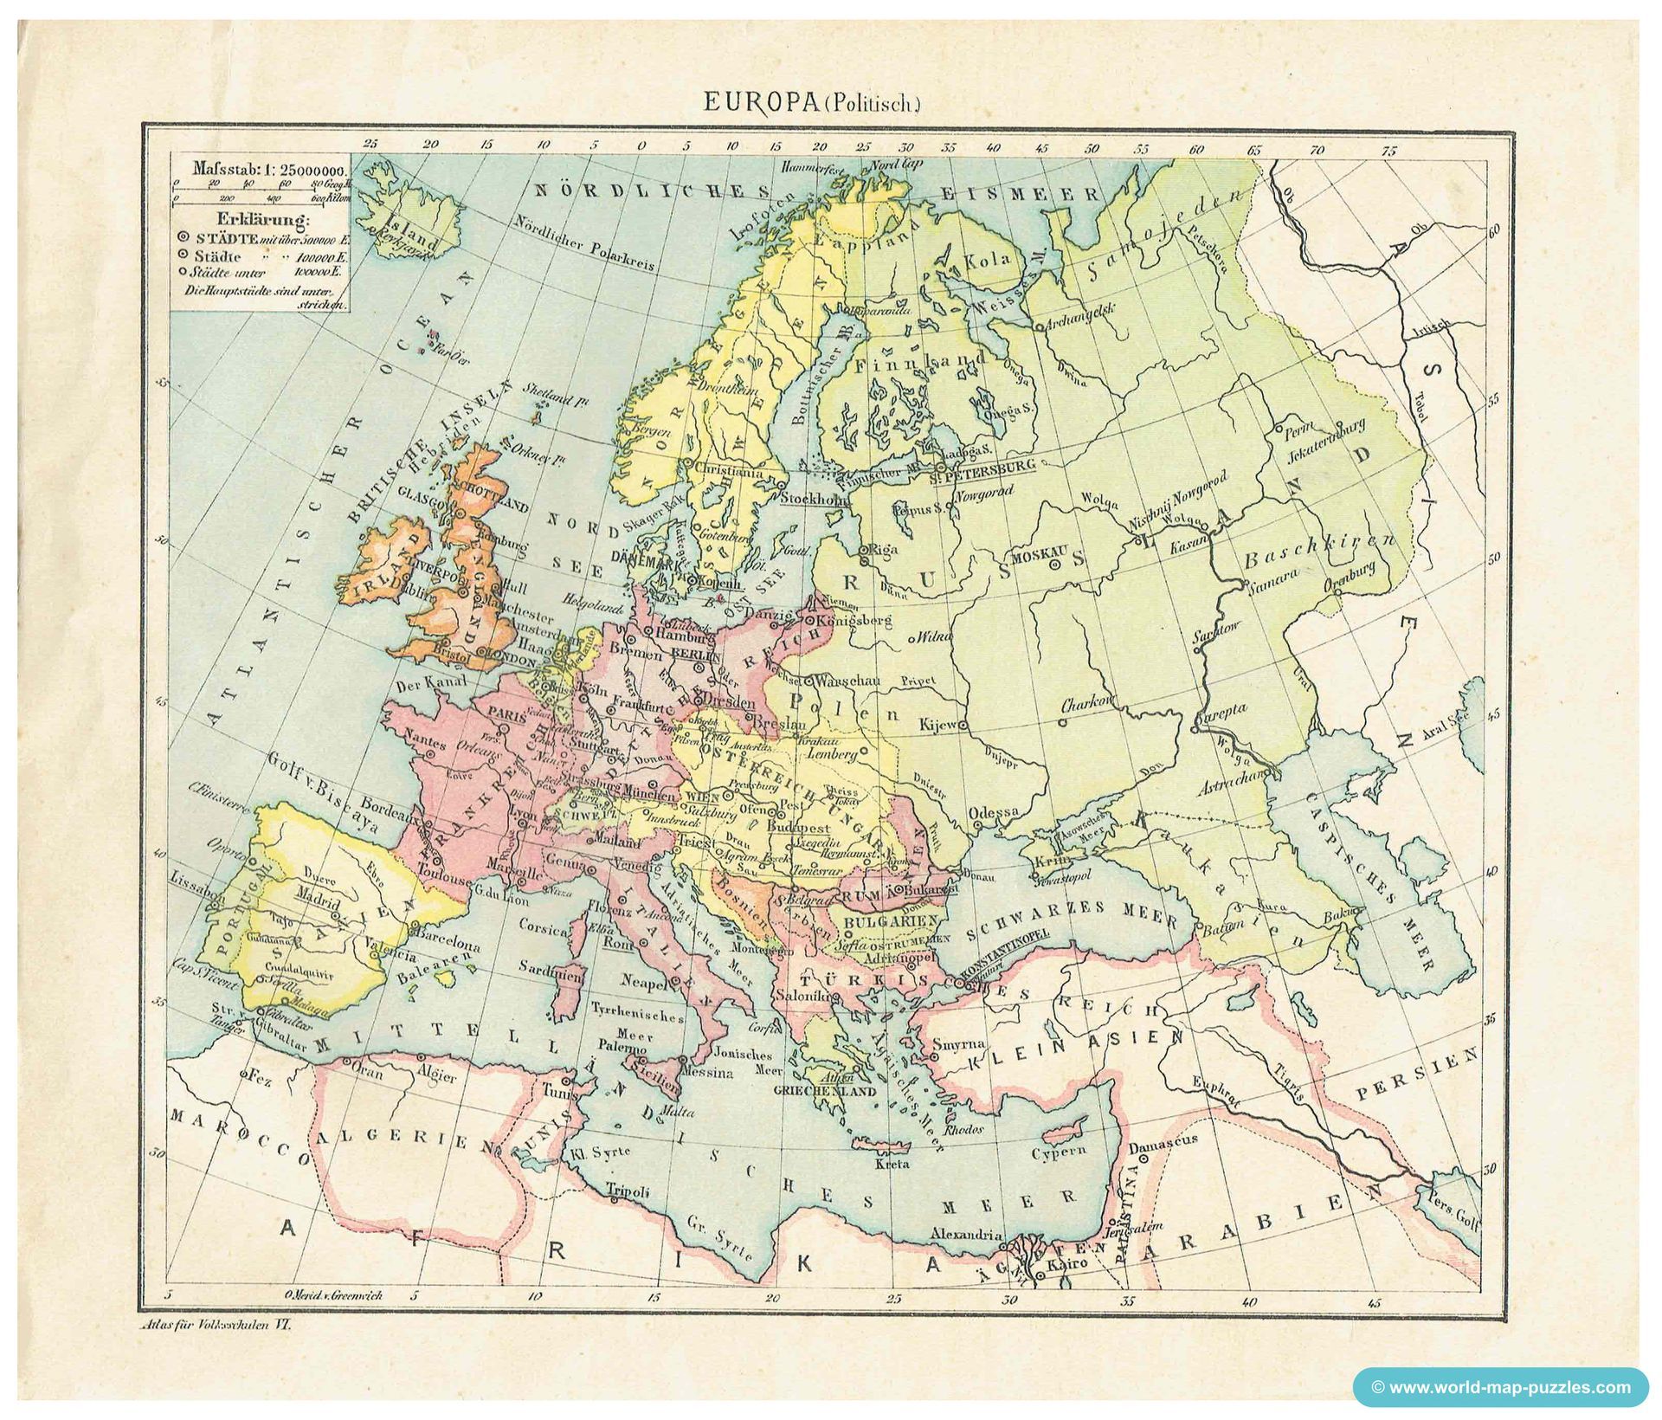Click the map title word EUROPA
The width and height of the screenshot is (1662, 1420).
(759, 103)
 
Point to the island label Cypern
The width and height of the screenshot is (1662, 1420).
(1058, 1153)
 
